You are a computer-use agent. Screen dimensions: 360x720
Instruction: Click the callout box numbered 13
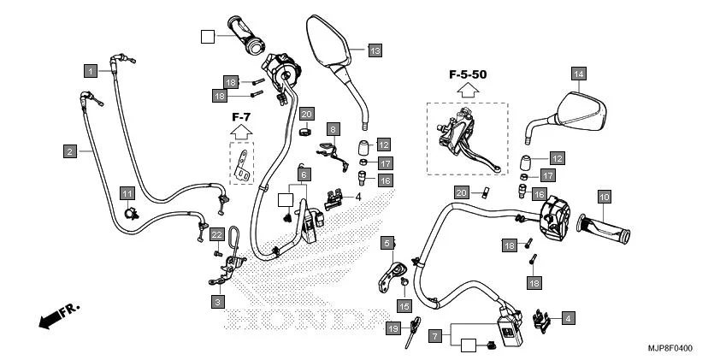375,50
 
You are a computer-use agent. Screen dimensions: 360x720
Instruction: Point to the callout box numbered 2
69,151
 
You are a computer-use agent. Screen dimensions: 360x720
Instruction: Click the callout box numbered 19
394,328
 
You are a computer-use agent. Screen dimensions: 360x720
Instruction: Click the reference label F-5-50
468,75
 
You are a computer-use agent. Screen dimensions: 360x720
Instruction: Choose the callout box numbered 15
404,305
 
